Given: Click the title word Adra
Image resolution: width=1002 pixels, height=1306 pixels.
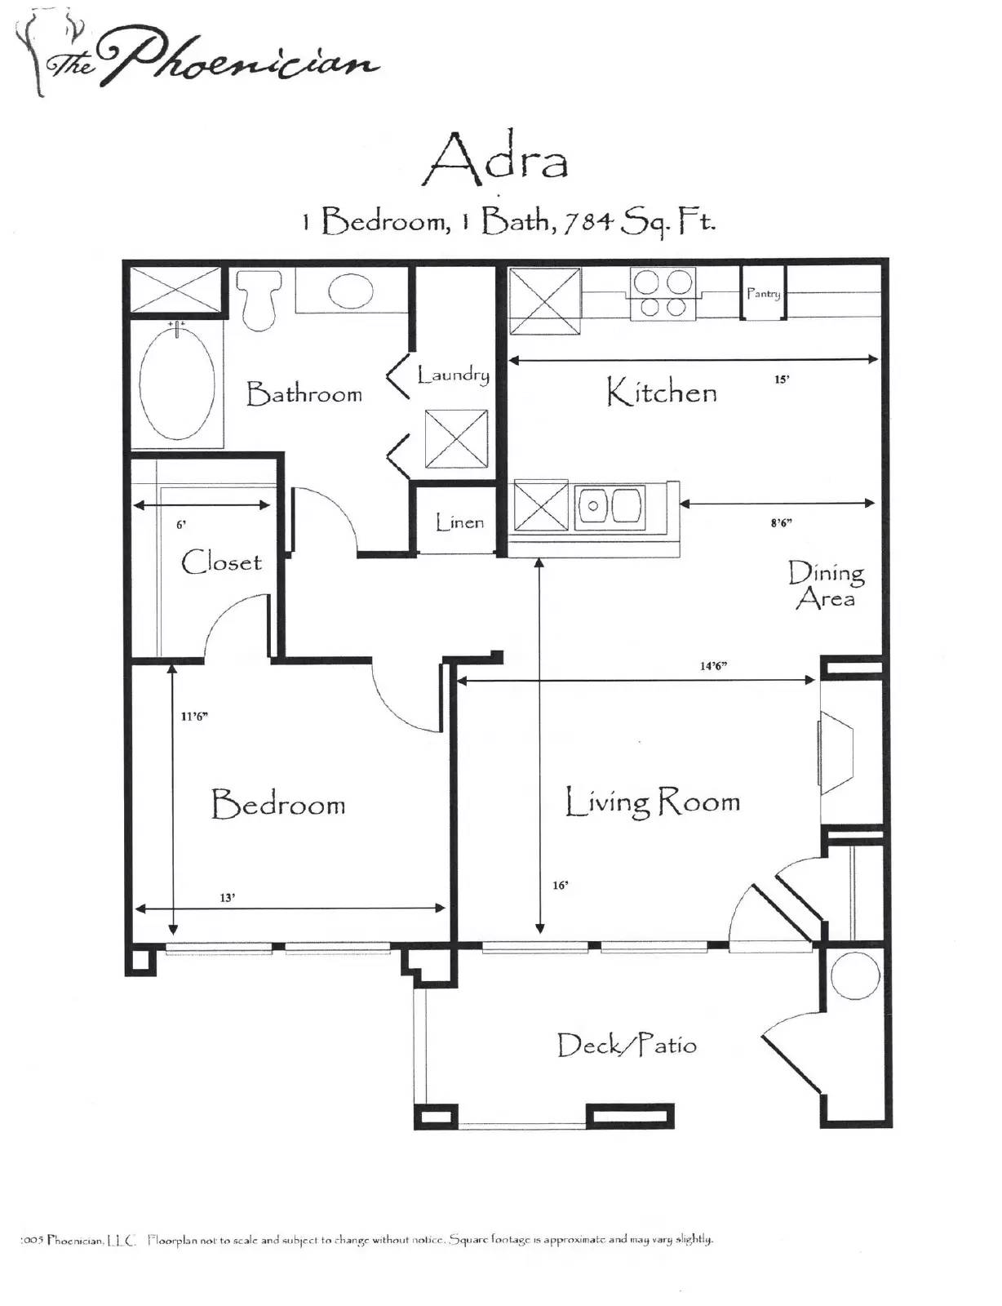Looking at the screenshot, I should click(496, 158).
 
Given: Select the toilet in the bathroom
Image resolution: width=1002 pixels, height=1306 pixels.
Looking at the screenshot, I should click(259, 300).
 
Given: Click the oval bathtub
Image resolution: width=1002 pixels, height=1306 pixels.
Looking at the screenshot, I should click(177, 384).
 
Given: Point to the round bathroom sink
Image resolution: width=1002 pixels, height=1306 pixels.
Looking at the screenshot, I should click(351, 291).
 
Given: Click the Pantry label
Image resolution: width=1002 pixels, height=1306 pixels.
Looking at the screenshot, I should click(763, 293).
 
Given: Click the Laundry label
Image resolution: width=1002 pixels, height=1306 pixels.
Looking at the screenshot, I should click(453, 375).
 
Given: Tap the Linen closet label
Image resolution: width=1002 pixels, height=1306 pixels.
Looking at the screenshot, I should click(459, 522).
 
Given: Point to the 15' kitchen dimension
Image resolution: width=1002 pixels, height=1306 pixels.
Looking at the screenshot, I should click(781, 380).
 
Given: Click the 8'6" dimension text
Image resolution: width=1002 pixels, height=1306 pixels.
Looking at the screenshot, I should click(781, 523).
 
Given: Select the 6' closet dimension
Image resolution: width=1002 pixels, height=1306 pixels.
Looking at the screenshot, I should click(181, 525).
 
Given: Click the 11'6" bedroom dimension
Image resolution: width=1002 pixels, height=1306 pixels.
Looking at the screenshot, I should click(194, 717).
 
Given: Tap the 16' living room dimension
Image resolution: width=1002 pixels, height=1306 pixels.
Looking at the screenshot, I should click(560, 885).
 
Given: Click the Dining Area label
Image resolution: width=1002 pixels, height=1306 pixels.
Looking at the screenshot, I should click(826, 585).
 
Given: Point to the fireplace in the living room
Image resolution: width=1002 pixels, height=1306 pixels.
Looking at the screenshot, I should click(836, 753).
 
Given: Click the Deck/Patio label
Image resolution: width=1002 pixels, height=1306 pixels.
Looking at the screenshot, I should click(626, 1045).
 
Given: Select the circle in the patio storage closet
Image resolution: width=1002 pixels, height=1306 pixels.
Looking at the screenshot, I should click(855, 975).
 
